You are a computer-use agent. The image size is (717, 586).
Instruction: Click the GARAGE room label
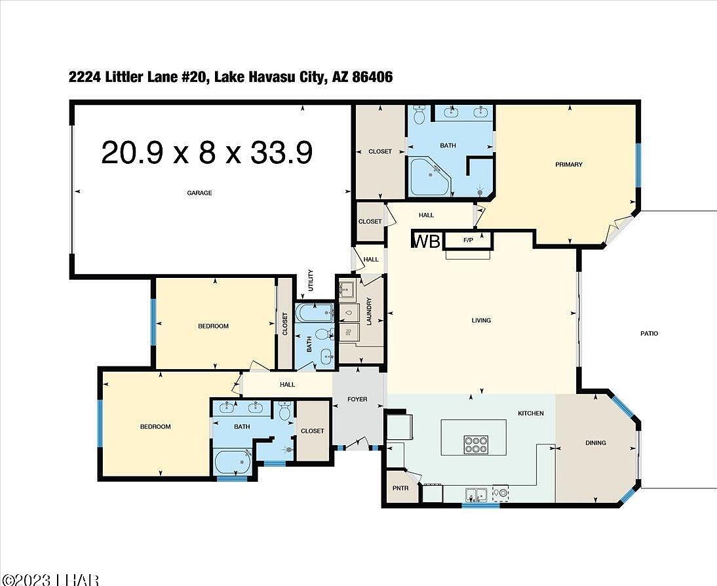point(199,193)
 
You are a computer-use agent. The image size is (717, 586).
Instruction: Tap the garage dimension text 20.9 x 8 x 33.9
point(206,153)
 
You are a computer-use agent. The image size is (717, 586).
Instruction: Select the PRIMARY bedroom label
point(568,165)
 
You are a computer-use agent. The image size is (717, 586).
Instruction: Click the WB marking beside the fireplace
point(426,241)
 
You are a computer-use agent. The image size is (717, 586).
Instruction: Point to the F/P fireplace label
point(468,241)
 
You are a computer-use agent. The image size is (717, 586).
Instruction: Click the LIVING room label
point(481,321)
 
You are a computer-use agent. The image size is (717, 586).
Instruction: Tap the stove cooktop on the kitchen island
point(475,444)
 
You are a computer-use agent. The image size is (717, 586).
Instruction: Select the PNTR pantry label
point(400,488)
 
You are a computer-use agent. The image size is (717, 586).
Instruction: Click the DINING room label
point(595,442)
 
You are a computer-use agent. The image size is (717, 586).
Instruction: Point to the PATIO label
point(649,334)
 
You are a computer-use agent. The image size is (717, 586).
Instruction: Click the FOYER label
point(357,399)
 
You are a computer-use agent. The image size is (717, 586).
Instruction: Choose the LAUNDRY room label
point(369,311)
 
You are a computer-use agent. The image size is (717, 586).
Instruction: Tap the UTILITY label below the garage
point(311,283)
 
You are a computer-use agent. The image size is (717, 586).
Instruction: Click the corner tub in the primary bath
point(429,176)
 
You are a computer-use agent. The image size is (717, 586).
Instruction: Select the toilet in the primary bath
point(420,115)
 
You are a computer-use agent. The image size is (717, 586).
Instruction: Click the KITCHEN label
point(531,413)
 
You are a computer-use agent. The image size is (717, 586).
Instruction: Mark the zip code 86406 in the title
point(372,77)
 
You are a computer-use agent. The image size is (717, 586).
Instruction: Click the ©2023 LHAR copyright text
point(49,579)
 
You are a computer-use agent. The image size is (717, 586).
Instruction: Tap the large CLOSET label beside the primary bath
point(379,151)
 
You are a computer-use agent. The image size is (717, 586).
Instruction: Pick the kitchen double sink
point(476,494)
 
